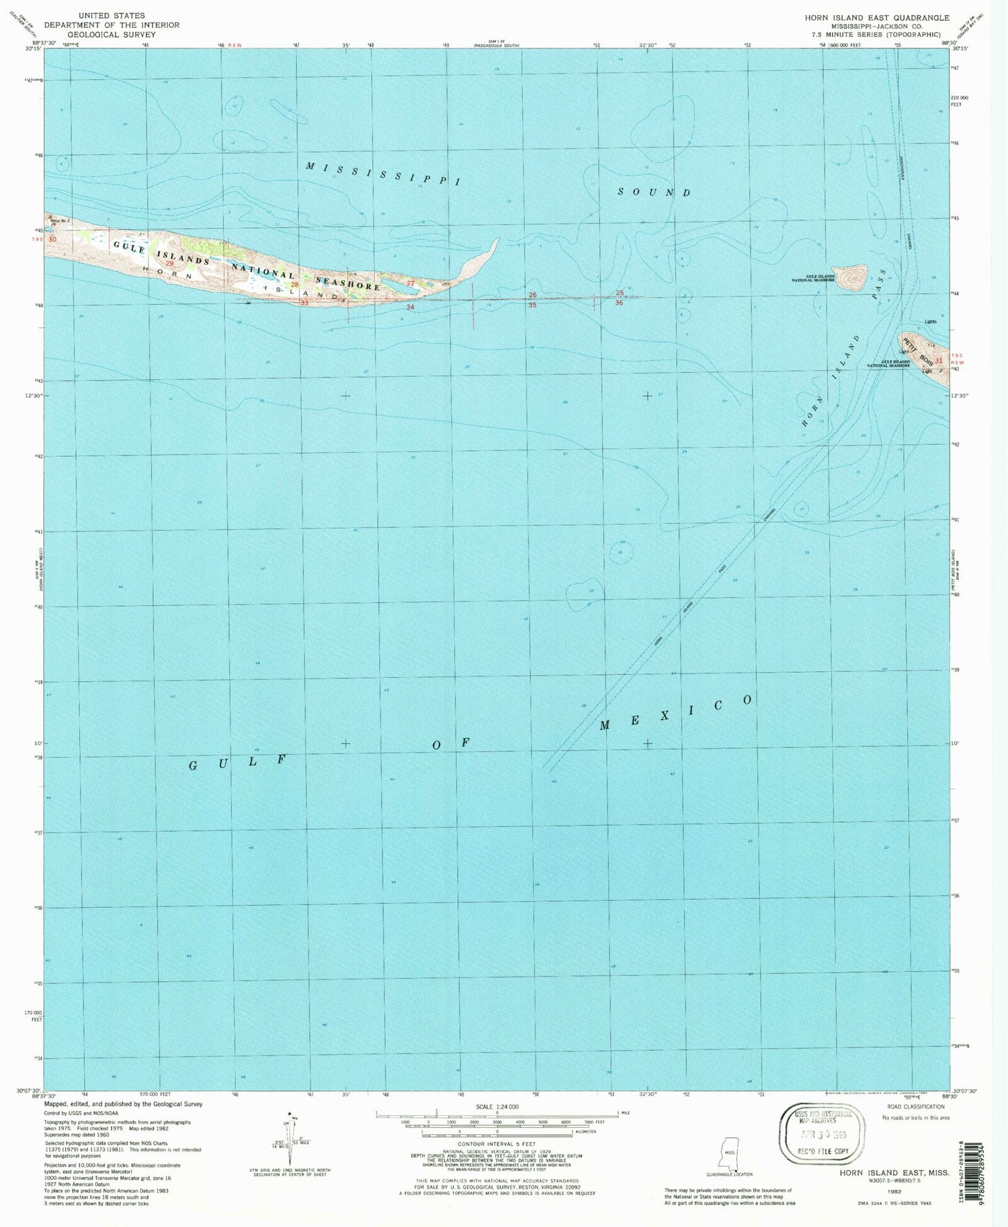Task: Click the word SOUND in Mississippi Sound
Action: pos(655,192)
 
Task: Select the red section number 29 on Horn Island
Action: pos(170,263)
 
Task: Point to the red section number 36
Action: pos(619,303)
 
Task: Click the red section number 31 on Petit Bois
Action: pos(939,360)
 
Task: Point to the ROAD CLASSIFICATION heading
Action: pos(915,1107)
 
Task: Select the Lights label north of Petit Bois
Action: pos(930,321)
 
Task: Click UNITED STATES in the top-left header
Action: pos(112,15)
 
